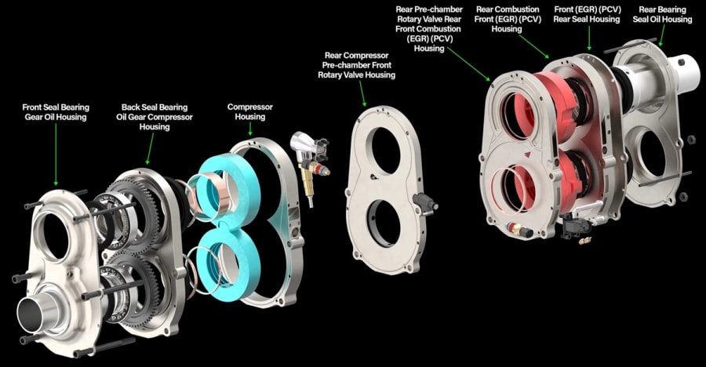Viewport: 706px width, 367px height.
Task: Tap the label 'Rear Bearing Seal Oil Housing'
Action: click(665, 14)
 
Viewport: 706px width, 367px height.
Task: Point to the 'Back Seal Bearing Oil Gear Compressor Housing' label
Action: click(148, 117)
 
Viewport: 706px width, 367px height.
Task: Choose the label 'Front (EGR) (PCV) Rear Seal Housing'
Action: click(590, 14)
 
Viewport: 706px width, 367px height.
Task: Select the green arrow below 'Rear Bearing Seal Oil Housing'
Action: click(661, 35)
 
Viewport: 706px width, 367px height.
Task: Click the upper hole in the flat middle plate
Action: click(385, 150)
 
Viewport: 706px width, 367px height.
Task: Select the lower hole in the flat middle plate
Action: click(384, 223)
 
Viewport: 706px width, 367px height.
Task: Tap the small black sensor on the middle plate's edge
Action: click(428, 202)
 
